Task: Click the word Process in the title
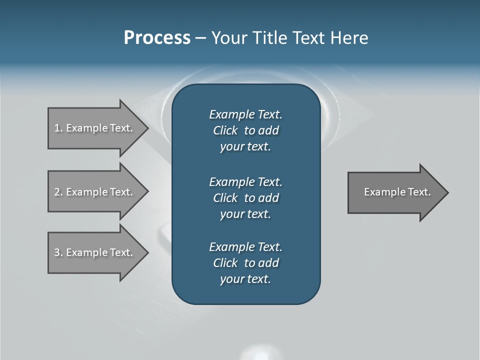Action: point(157,38)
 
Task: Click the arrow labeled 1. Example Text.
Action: point(95,128)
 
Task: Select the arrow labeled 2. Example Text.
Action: point(95,192)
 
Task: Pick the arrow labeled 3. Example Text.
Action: point(95,252)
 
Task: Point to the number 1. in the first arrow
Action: point(58,128)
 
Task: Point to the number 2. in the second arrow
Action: point(58,192)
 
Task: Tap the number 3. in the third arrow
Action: point(58,252)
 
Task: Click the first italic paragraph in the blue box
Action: point(245,130)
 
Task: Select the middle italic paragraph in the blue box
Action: point(245,197)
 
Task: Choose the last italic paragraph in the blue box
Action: point(245,263)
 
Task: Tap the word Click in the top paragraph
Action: point(225,130)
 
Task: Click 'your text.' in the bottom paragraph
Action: point(245,279)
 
